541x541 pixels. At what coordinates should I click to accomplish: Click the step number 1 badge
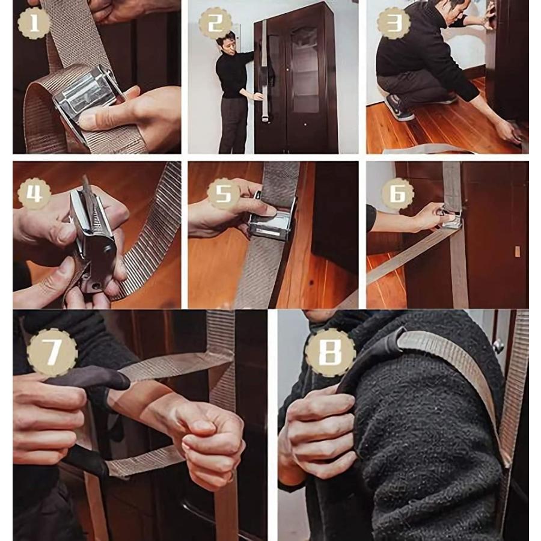34,23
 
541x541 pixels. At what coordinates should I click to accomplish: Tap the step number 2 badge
215,23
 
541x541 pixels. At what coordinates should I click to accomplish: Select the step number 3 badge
393,23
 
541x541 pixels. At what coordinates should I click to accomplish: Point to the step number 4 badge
34,194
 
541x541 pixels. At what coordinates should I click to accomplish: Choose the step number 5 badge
223,193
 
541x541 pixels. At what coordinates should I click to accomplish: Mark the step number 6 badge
397,194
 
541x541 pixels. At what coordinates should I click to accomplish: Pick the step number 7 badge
52,353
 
